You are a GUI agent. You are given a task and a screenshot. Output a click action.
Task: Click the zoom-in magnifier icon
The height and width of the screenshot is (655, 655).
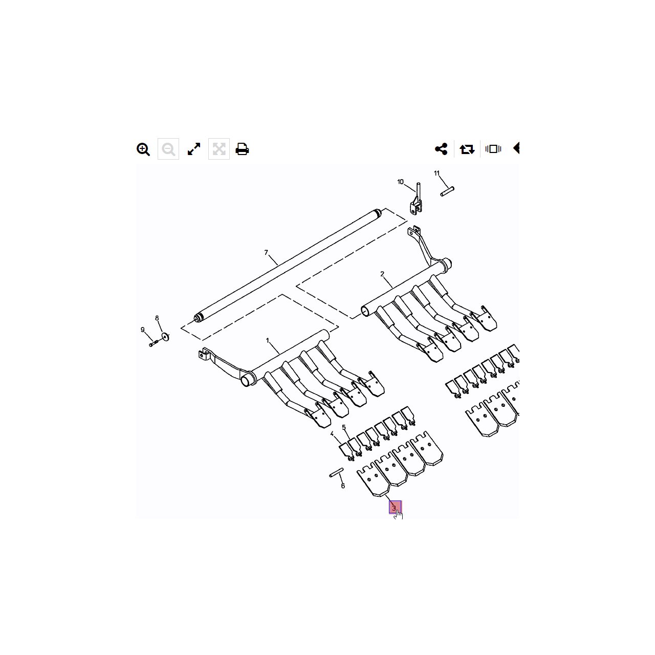click(143, 149)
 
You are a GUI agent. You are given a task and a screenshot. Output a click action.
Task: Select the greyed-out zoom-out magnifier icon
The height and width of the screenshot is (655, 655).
click(168, 149)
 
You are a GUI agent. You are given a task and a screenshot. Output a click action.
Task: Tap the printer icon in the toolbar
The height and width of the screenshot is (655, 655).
click(242, 149)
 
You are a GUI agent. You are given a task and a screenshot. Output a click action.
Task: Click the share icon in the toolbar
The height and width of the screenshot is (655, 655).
click(441, 149)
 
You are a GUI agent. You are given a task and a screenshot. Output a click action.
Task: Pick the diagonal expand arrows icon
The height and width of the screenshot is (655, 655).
click(194, 149)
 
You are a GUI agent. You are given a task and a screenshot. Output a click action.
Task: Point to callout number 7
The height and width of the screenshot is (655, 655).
click(266, 253)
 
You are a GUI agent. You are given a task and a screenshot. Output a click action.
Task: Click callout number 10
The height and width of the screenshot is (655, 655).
click(400, 182)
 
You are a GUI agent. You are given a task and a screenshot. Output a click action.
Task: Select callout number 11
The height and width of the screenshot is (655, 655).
click(437, 173)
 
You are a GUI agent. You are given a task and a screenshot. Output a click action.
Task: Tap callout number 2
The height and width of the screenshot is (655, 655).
click(382, 274)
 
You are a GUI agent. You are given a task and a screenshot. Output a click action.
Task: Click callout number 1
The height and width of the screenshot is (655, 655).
click(268, 340)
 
